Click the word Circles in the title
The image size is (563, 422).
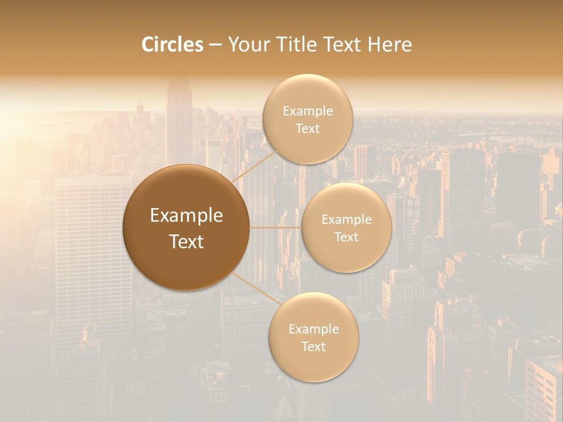click(x=172, y=45)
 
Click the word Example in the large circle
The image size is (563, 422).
click(x=186, y=216)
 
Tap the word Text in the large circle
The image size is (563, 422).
click(x=186, y=241)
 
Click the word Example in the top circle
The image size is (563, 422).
click(x=307, y=111)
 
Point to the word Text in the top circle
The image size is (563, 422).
click(x=307, y=129)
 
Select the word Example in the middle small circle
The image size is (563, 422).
click(x=346, y=220)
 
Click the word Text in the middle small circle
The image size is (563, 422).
click(x=346, y=237)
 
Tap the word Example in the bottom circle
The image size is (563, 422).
click(x=313, y=329)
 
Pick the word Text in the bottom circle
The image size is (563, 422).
click(x=313, y=347)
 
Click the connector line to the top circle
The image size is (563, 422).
click(x=253, y=166)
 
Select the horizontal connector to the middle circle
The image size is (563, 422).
click(x=275, y=227)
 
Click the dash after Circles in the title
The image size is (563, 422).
click(x=215, y=45)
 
